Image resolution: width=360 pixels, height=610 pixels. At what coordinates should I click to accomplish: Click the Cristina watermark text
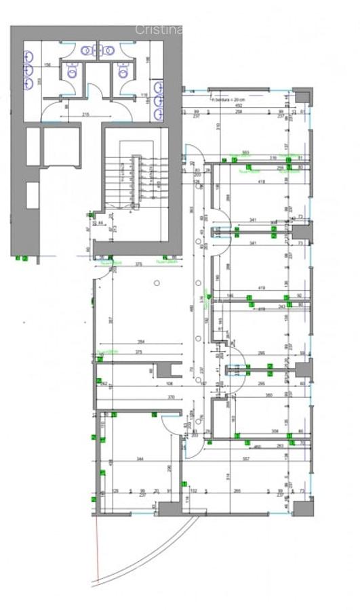159,29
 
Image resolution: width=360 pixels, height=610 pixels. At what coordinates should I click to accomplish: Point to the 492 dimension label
239,105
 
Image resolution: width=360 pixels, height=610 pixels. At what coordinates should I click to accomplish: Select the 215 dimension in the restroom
85,115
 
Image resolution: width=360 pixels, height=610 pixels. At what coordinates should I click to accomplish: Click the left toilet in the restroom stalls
73,70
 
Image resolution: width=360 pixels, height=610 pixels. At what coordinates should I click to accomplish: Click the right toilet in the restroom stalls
123,70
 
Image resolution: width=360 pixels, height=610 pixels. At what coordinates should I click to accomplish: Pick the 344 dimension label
140,460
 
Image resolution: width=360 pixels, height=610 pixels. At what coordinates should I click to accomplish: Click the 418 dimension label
261,182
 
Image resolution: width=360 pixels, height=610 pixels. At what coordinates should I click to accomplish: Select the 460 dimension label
257,447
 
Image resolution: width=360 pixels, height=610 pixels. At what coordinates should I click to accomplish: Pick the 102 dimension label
193,491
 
